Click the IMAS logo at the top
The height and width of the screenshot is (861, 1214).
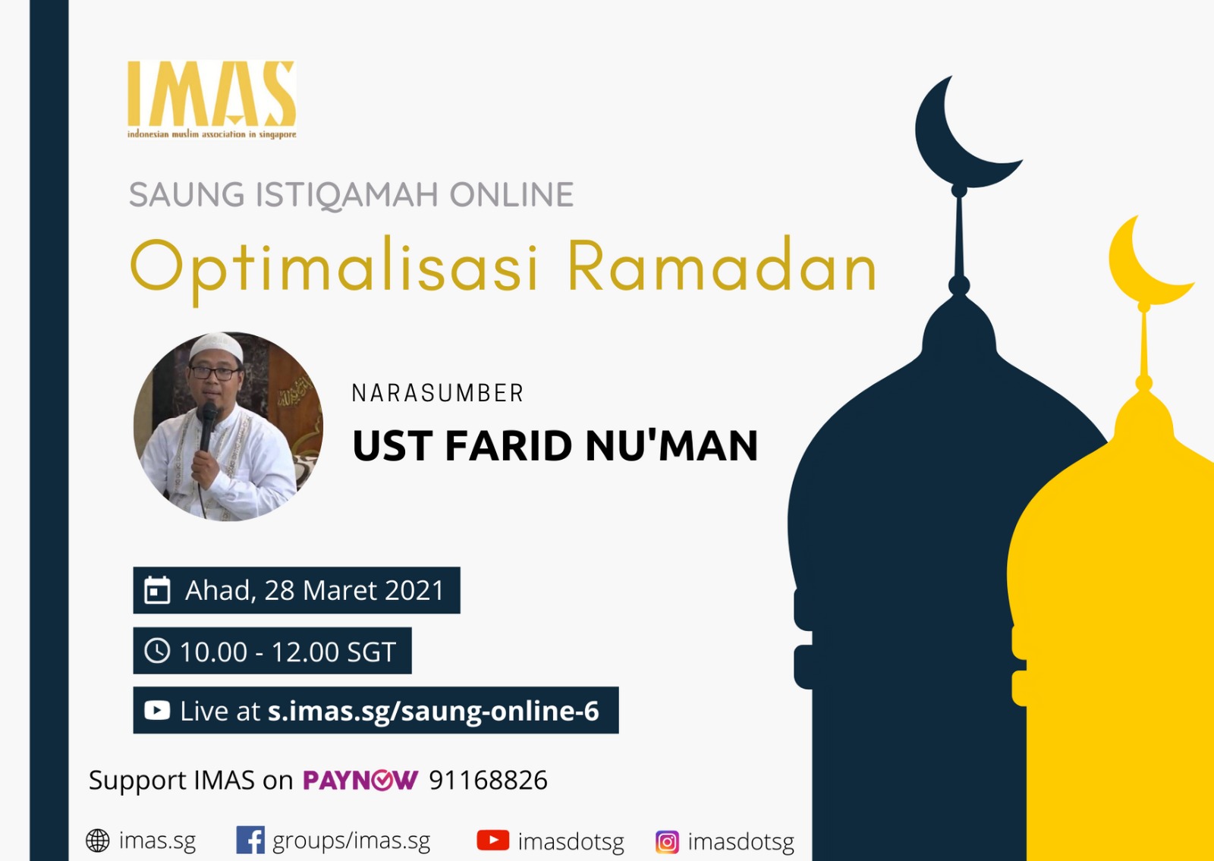coord(212,99)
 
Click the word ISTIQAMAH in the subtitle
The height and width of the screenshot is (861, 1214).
coord(347,194)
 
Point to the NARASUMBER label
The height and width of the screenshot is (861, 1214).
coord(437,394)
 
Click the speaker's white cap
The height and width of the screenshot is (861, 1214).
coord(215,346)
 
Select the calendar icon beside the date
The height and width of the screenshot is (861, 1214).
coord(157,590)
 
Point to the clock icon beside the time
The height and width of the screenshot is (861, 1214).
coord(157,650)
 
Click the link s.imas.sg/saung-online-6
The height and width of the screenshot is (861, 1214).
coord(433,711)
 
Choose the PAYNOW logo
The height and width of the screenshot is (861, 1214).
coord(360,781)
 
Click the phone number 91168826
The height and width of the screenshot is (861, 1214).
coord(489,781)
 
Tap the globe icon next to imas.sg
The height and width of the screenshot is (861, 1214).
coord(98,841)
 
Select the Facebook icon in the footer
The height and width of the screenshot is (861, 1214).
coord(250,840)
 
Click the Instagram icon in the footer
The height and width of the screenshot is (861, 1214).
coord(667,842)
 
